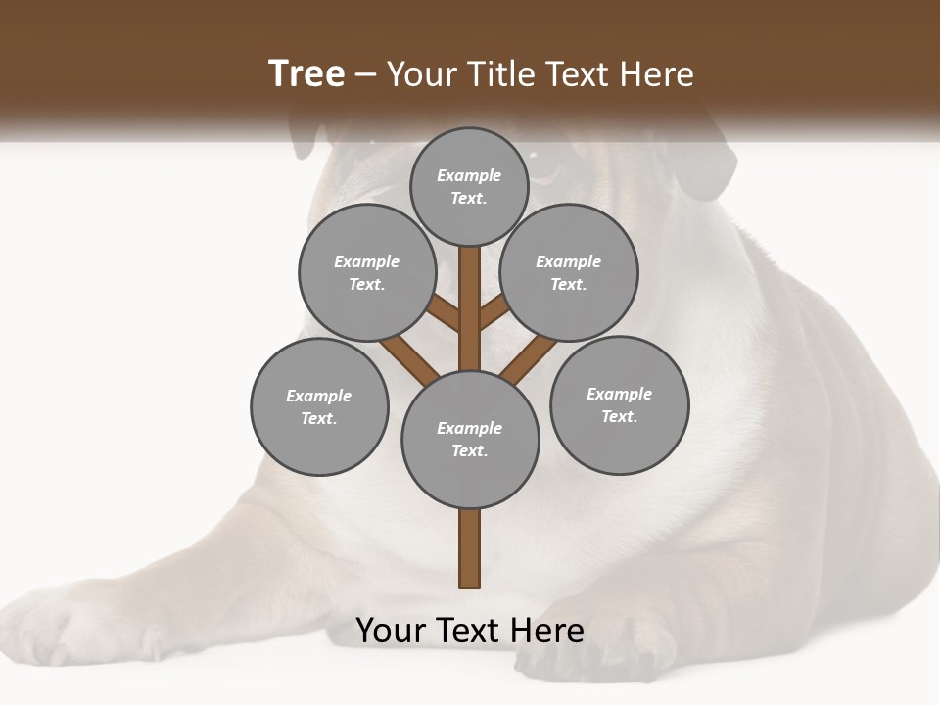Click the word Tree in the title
point(306,74)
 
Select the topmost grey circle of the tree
point(469,186)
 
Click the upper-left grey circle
point(366,272)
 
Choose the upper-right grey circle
point(568,272)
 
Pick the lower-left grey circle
point(318,406)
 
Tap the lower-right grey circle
point(619,404)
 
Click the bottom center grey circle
point(469,439)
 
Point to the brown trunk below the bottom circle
point(469,548)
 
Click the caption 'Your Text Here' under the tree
point(469,631)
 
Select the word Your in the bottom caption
point(391,631)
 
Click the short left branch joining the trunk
point(445,314)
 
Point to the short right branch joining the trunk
point(493,314)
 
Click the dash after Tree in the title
point(365,74)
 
